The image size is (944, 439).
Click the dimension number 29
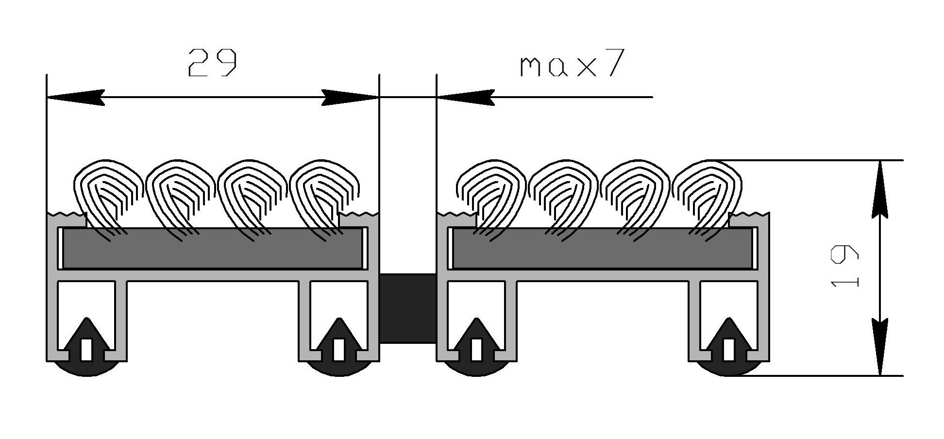click(212, 63)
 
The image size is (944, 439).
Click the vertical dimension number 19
click(845, 267)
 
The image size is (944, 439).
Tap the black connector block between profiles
click(407, 308)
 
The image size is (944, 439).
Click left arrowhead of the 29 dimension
click(75, 98)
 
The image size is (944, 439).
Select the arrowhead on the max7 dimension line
click(465, 98)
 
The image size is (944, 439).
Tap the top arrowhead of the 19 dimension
click(879, 189)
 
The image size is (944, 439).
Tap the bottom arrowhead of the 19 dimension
click(879, 347)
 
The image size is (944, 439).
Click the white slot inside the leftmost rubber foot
click(87, 350)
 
